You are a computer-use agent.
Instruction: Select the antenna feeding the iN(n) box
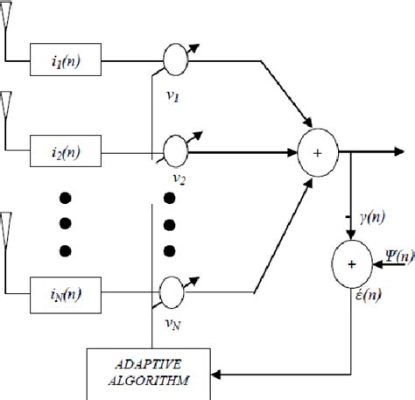pyautogui.click(x=6, y=225)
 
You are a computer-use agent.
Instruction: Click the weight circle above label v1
pyautogui.click(x=176, y=60)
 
